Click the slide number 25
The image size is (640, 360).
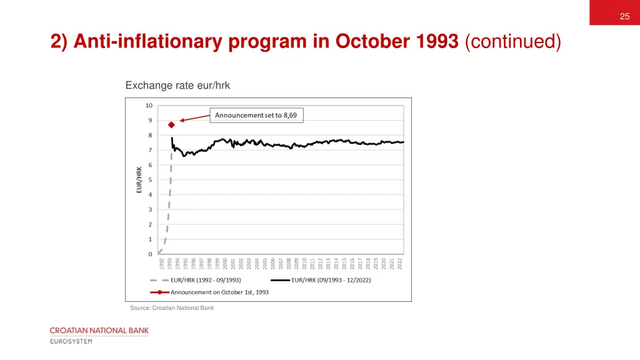coord(624,16)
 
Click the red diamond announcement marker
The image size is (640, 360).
coord(171,125)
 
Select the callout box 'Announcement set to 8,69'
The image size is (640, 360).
coord(256,115)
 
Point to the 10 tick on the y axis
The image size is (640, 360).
coord(149,105)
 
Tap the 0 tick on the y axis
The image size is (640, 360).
coord(150,254)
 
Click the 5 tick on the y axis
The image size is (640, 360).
coord(150,180)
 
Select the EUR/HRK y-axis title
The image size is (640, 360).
coord(139,179)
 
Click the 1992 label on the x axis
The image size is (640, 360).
coord(161,264)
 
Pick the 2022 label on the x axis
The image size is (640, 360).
coord(400,264)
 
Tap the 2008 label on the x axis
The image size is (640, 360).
coord(289,264)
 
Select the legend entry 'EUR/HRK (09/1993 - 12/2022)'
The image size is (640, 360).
coord(331,280)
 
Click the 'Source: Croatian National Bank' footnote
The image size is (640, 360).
coord(172,307)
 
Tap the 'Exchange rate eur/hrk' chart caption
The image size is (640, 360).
coord(177,86)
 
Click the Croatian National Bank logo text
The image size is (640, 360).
coord(99,330)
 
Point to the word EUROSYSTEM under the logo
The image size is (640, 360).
coord(71,341)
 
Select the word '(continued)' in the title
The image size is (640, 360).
coord(513,42)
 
